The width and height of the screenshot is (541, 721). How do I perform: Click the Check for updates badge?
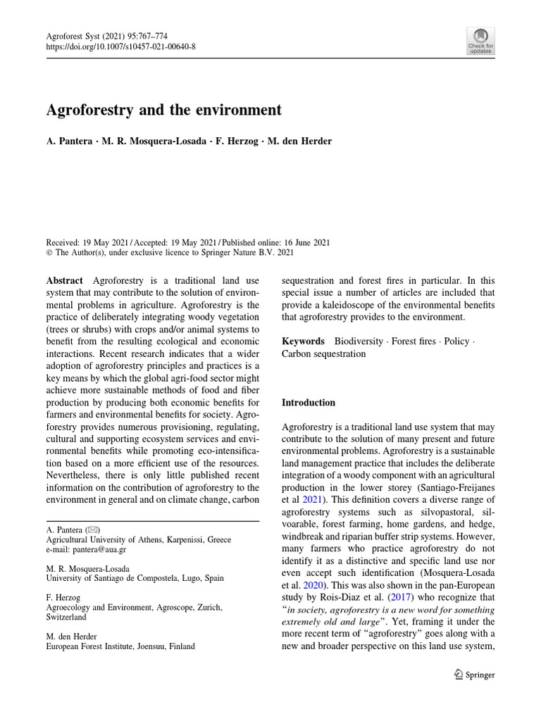[x=480, y=41]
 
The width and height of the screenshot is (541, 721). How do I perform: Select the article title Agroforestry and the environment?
[x=163, y=110]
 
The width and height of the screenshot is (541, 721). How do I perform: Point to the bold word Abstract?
[x=64, y=280]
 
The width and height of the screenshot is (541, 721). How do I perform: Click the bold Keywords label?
[x=303, y=341]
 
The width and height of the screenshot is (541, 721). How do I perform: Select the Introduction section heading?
[x=309, y=403]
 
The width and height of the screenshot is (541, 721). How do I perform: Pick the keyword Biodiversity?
[x=359, y=341]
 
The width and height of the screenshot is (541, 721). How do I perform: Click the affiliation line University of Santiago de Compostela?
[x=135, y=578]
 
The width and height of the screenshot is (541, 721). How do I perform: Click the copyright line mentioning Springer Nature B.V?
[x=170, y=253]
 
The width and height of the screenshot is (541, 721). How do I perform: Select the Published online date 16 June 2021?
[x=299, y=242]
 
